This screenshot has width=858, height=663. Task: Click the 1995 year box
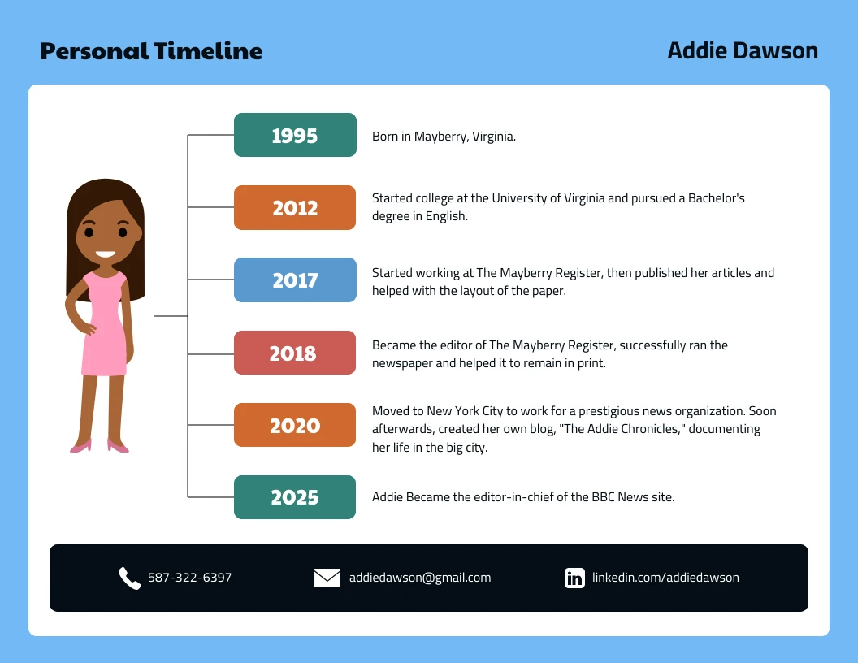point(295,135)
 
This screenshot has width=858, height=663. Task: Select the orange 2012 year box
point(295,207)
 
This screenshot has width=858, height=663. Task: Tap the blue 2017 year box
point(295,279)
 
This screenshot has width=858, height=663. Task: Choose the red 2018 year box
point(295,353)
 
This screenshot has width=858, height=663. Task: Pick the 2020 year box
point(295,425)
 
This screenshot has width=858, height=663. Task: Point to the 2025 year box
point(295,497)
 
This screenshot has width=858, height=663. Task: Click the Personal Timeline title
point(151,51)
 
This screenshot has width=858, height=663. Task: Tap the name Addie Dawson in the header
point(743,50)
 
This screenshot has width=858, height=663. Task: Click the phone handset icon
point(130,578)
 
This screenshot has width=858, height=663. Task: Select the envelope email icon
point(327,578)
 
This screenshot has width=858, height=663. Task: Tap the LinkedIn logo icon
point(574,578)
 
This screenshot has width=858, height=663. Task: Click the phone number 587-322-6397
point(189,578)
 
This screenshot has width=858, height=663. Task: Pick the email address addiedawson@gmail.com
point(420,578)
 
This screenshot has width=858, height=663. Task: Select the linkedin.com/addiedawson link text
point(665,578)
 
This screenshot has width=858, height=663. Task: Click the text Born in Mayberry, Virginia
point(444,136)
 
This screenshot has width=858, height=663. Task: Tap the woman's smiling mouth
point(106,253)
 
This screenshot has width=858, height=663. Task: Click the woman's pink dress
point(105,333)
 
